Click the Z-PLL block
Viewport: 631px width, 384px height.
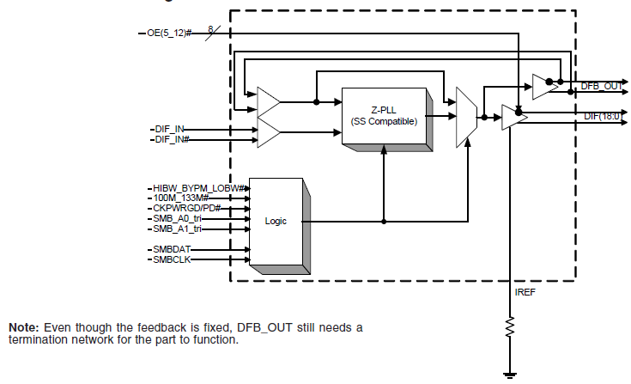point(384,115)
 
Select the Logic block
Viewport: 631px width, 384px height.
point(276,221)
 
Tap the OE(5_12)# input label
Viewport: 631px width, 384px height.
point(170,33)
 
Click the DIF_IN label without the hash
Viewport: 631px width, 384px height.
point(169,128)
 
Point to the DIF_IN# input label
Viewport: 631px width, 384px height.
point(172,138)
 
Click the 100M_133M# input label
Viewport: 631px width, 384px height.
point(182,198)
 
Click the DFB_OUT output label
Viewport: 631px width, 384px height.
point(602,86)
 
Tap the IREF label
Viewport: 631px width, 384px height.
point(525,293)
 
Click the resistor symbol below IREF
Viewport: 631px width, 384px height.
point(510,326)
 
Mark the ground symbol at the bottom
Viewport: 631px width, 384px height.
point(510,374)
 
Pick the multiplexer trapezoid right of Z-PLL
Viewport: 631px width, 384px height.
point(467,114)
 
